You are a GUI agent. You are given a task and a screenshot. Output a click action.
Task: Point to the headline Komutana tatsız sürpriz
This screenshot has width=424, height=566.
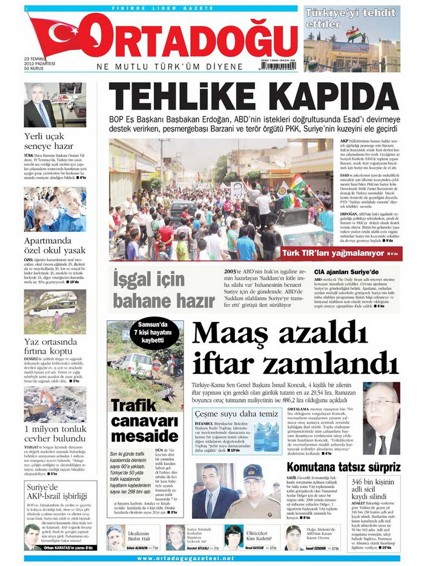tap(351, 467)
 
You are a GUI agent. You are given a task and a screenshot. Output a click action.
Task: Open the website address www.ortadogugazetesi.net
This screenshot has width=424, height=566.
tap(211, 558)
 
